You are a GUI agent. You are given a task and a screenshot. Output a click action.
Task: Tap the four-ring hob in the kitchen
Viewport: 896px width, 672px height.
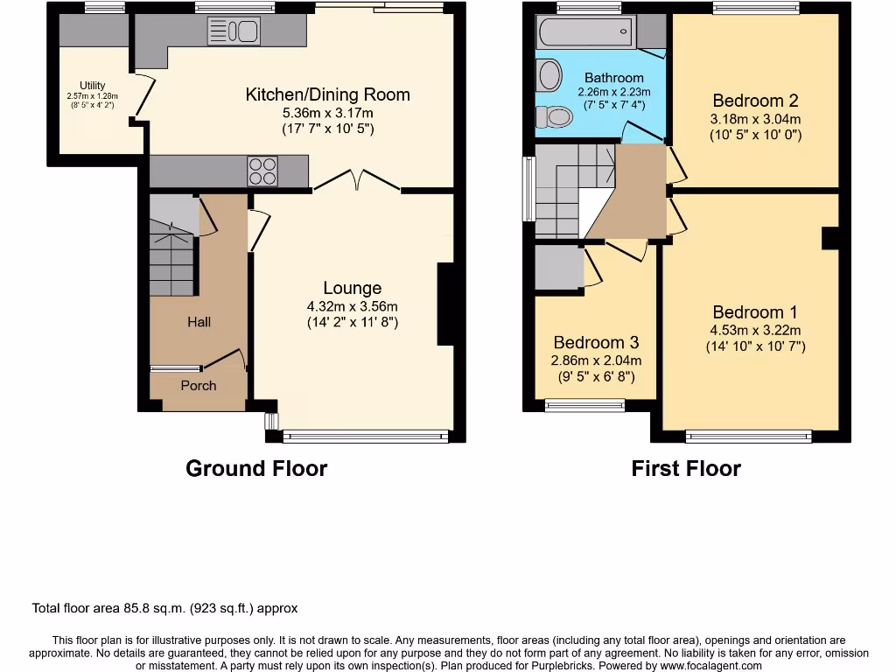click(262, 170)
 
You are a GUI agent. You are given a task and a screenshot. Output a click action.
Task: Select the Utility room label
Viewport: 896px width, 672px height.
click(93, 86)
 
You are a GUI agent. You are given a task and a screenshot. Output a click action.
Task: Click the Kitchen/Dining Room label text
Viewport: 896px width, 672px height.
click(327, 94)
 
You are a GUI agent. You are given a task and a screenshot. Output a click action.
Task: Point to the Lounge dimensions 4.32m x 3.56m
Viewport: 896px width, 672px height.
click(352, 306)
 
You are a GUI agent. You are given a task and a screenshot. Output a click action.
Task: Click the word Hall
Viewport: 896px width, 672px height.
click(199, 322)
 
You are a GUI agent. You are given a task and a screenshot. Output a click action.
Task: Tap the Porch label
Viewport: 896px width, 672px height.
click(199, 385)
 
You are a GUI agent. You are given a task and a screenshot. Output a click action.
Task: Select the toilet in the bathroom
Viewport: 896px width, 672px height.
click(553, 116)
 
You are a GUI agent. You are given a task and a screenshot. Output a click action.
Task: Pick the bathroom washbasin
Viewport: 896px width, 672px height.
click(549, 75)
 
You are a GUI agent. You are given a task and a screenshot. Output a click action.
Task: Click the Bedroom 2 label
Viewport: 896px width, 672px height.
click(755, 101)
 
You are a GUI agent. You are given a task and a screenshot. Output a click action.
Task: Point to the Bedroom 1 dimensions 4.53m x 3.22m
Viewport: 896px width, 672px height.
click(755, 330)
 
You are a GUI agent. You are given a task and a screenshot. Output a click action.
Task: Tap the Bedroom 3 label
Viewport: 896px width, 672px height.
click(596, 342)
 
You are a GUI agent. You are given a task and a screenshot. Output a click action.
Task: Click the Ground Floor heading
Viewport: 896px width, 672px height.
click(256, 468)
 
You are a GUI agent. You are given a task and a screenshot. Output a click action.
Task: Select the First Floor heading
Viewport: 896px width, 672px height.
click(686, 468)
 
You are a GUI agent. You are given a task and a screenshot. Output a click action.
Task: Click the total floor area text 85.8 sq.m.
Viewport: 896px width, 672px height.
click(164, 608)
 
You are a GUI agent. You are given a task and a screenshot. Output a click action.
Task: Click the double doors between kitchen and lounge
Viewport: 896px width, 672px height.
click(357, 182)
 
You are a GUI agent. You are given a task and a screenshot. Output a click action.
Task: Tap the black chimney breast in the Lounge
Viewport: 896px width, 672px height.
click(445, 304)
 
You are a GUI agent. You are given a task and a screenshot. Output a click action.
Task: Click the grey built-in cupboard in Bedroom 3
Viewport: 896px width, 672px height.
click(558, 268)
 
